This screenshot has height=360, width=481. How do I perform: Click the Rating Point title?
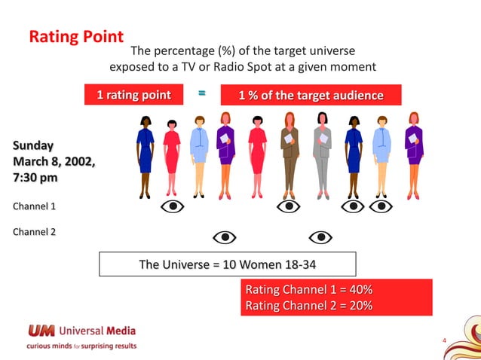75,37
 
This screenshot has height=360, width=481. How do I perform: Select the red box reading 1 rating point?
134,95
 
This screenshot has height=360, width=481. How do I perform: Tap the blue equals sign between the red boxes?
201,94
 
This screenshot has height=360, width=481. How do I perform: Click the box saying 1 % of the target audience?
311,96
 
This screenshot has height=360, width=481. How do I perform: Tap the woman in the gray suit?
323,154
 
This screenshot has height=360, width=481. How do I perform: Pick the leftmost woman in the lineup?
145,154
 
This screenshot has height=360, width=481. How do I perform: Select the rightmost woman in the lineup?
413,154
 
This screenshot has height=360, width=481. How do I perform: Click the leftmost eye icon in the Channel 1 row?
173,206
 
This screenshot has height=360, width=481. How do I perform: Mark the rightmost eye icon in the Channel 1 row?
381,206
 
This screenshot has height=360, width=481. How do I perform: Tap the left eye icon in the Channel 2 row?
224,237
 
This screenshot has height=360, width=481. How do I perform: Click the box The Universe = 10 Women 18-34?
227,264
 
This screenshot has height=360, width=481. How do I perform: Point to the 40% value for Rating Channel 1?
357,290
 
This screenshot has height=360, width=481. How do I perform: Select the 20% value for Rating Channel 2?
357,306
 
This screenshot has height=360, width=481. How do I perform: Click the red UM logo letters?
41,331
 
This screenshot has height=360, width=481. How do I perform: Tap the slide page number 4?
444,341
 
